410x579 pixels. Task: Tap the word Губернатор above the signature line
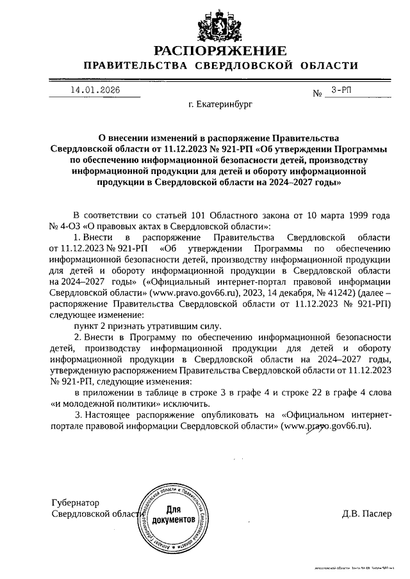76,503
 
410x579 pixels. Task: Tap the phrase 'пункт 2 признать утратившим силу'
149,326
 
